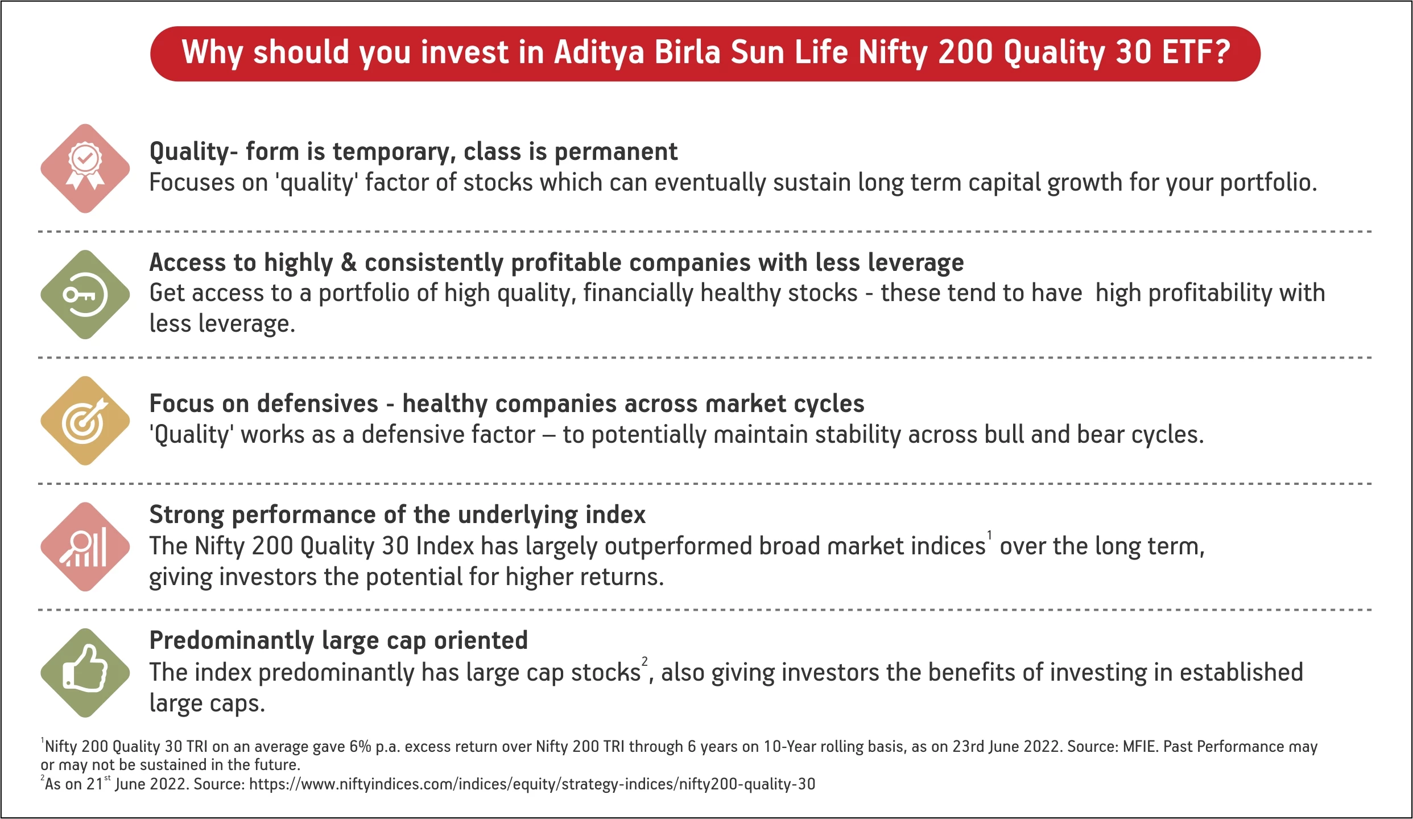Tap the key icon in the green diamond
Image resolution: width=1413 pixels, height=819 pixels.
pyautogui.click(x=85, y=295)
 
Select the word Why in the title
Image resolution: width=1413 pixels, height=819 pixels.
pyautogui.click(x=213, y=53)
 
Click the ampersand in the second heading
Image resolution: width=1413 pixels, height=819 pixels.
pyautogui.click(x=348, y=262)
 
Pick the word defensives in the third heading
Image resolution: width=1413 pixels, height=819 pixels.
pyautogui.click(x=300, y=404)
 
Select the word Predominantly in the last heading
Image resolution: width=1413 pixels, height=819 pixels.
pyautogui.click(x=232, y=641)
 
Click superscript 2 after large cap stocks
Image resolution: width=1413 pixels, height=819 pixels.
pyautogui.click(x=644, y=661)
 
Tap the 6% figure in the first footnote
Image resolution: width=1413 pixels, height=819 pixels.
pyautogui.click(x=360, y=747)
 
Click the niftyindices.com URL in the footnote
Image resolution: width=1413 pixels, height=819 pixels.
pyautogui.click(x=532, y=784)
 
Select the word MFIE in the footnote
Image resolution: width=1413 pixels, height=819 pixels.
pyautogui.click(x=1140, y=747)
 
